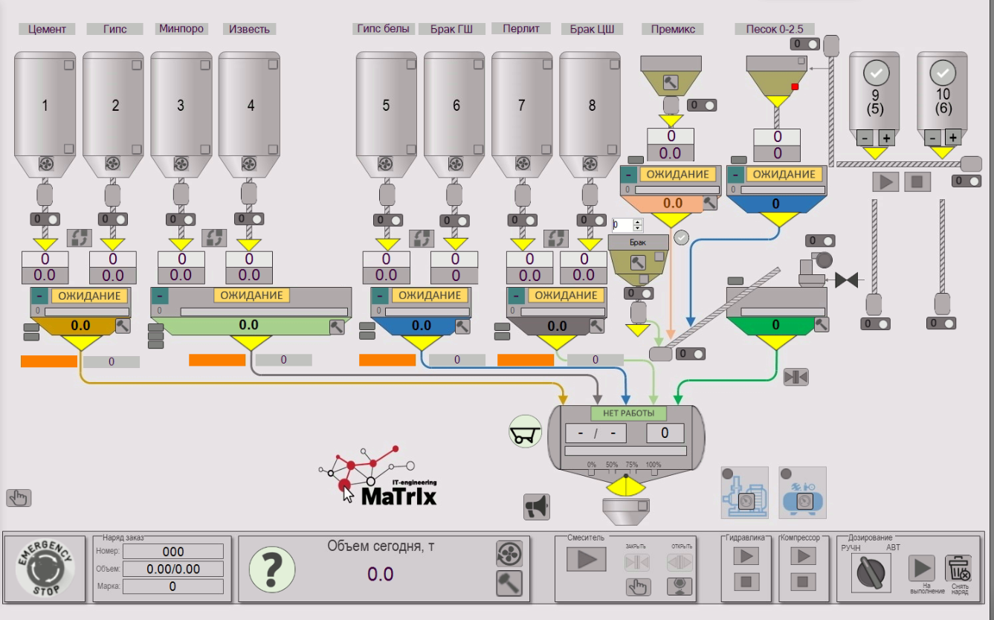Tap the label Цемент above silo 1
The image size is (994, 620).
tap(47, 29)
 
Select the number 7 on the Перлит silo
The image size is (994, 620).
tap(521, 106)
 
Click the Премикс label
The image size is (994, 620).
tap(673, 29)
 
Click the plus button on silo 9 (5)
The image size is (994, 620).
tap(886, 138)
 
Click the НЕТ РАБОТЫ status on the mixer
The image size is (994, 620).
tap(628, 413)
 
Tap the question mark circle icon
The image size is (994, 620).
tap(271, 569)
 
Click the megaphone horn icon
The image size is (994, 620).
tap(536, 506)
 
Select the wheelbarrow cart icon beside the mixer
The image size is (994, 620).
tap(525, 431)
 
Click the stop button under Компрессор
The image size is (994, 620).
tap(803, 581)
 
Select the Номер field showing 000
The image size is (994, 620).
tap(172, 552)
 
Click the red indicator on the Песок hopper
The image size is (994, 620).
tap(795, 87)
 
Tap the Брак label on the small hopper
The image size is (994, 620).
tap(637, 243)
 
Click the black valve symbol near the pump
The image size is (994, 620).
tap(846, 280)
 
